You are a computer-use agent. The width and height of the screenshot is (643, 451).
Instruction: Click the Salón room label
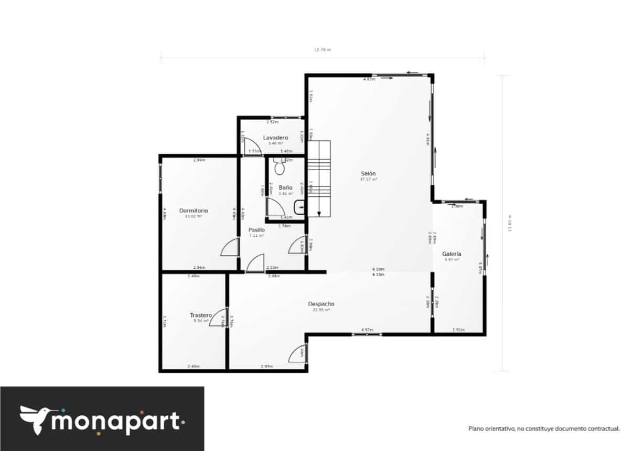[x=368, y=173]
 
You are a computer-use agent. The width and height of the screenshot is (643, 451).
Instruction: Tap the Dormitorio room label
[x=194, y=211]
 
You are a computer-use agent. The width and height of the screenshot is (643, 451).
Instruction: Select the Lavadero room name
[x=275, y=138]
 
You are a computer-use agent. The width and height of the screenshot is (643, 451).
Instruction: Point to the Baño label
[x=285, y=187]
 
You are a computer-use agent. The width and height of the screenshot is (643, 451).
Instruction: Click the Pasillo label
[x=256, y=230]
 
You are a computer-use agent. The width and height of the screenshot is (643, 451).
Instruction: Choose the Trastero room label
[x=200, y=315]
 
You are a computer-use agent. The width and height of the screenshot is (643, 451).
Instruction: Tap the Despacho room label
[x=321, y=304]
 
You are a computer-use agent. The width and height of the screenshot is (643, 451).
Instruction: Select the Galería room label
[x=451, y=254]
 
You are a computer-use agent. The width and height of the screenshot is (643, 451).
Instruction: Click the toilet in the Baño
[x=279, y=167]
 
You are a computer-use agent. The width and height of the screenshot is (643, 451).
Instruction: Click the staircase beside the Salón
[x=319, y=179]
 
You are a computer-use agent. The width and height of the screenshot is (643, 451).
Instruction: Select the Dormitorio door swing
[x=230, y=247]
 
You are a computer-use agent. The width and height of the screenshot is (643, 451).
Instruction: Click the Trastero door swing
[x=218, y=318]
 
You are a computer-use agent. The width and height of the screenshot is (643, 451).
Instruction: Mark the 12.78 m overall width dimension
[x=322, y=50]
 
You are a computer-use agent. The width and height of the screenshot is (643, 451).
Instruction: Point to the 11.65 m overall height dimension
[x=508, y=223]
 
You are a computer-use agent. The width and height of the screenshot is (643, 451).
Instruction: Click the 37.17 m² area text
[x=368, y=180]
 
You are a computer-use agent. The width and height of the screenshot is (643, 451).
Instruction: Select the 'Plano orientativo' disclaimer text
[x=544, y=428]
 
